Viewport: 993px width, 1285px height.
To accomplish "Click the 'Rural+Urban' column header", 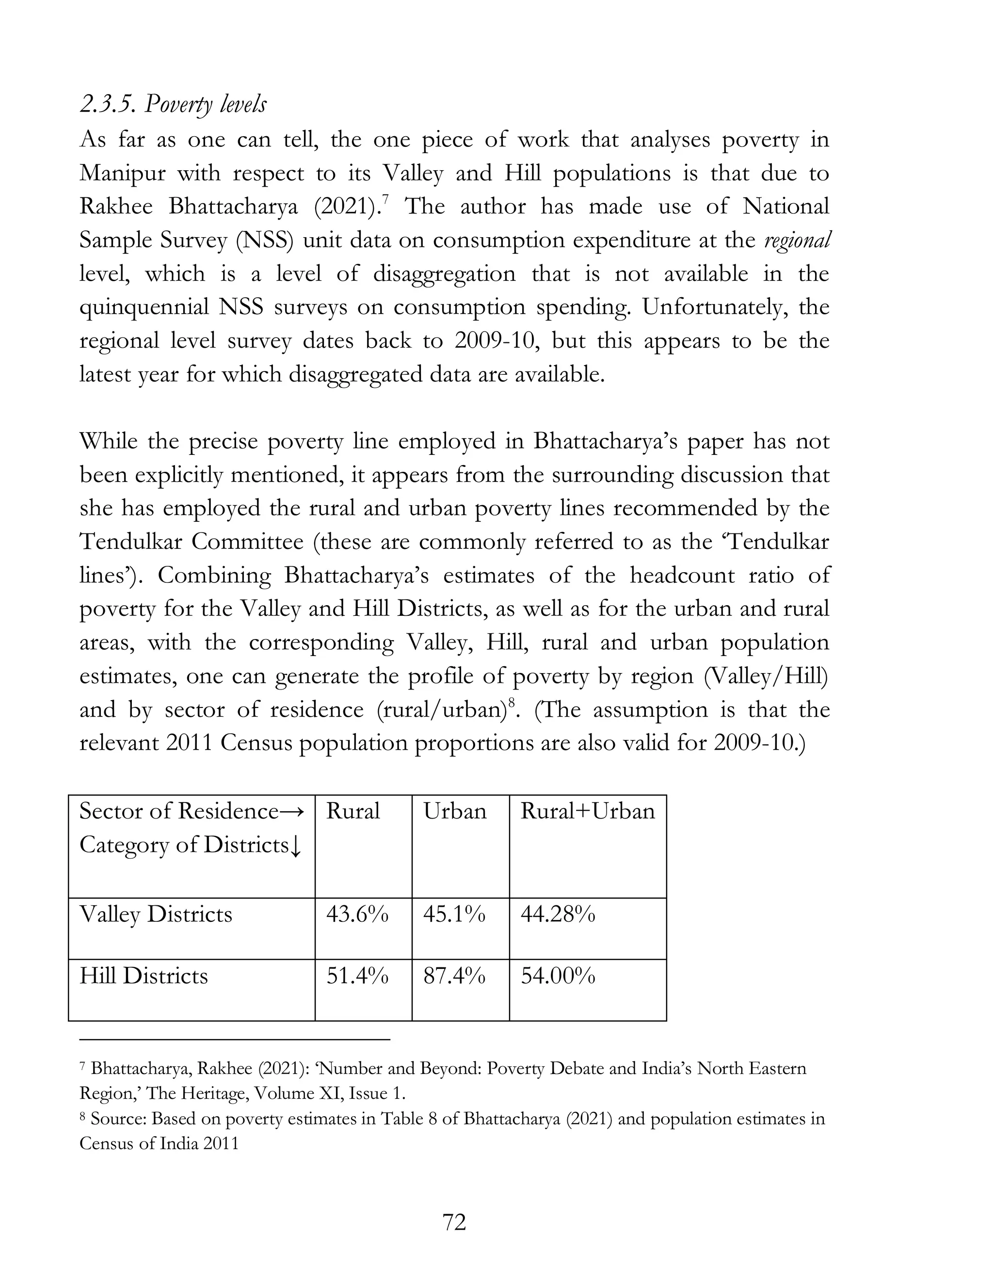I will (587, 811).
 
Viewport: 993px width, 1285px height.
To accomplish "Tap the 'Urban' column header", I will (454, 811).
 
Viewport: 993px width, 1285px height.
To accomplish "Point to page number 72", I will (454, 1222).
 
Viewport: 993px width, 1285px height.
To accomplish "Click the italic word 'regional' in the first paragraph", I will (797, 240).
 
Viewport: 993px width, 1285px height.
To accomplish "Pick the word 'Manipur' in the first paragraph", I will (122, 174).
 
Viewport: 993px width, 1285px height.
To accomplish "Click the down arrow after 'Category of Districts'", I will (296, 846).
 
